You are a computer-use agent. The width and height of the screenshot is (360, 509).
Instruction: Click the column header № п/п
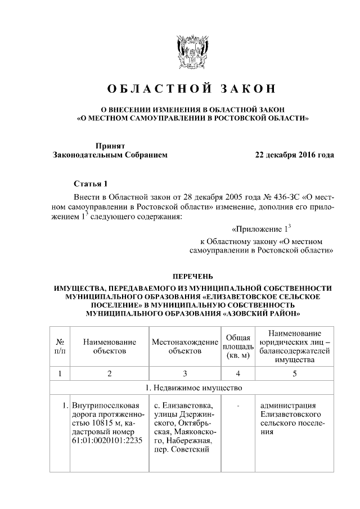[x=58, y=346]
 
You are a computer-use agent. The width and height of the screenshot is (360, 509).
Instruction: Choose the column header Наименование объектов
[x=110, y=346]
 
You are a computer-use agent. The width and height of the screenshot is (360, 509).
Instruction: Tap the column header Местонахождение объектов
[x=184, y=346]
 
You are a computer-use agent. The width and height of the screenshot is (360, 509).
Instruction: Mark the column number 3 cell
[x=184, y=373]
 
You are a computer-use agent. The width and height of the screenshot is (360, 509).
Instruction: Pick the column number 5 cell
[x=294, y=373]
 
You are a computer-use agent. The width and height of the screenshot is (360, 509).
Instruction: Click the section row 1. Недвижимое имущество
[x=193, y=388]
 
